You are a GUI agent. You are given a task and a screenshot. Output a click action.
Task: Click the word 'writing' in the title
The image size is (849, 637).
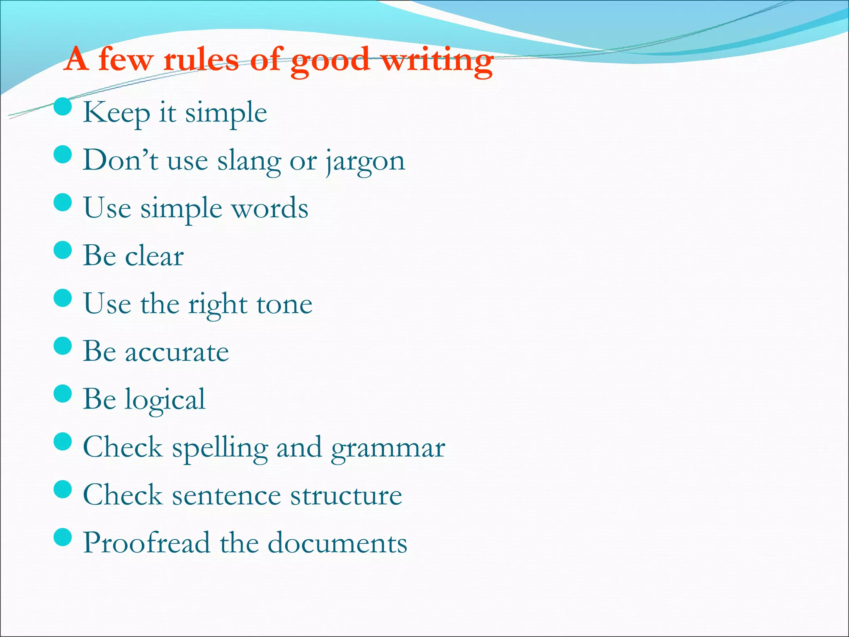[x=437, y=61]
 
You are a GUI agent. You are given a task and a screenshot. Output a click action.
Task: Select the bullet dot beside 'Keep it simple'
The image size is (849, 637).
[x=63, y=107]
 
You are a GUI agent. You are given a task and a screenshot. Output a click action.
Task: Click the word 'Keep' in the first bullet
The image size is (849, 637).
[x=116, y=113]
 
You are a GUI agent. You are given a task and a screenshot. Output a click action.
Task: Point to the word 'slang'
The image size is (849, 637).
[x=249, y=161]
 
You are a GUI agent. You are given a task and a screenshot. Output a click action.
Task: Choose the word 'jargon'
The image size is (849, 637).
[x=365, y=161]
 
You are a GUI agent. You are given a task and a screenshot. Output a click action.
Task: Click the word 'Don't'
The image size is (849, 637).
[x=120, y=160]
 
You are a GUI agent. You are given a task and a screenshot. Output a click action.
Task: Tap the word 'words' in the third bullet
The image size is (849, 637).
[x=270, y=208]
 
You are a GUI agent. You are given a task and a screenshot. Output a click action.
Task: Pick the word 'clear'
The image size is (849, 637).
[x=154, y=256]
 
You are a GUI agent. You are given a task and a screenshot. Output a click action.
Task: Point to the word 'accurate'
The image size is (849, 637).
[x=177, y=352]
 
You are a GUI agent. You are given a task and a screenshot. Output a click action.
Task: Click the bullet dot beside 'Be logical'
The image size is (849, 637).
[x=63, y=394]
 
